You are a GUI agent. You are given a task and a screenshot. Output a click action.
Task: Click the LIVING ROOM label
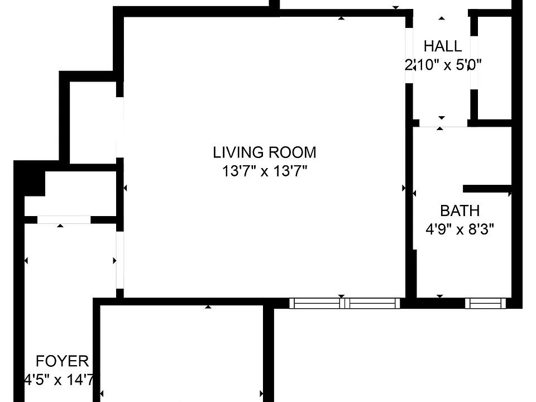[264, 152]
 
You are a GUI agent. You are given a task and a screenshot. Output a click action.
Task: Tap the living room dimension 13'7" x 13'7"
[265, 171]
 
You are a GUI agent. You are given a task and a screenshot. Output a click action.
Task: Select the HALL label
[443, 46]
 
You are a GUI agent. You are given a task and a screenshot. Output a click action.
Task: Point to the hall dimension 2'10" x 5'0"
[443, 65]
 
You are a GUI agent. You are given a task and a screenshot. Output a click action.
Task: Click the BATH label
[460, 210]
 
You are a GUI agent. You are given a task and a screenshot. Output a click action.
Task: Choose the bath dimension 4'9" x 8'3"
[460, 229]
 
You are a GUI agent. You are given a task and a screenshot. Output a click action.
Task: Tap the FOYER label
[62, 361]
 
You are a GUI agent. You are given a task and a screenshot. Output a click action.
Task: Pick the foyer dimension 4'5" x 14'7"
[59, 380]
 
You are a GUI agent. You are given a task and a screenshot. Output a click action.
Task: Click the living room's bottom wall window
[344, 303]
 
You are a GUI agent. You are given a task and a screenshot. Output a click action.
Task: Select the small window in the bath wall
[485, 303]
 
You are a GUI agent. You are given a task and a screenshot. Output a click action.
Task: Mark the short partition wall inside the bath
[487, 189]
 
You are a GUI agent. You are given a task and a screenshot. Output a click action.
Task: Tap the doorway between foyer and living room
[119, 260]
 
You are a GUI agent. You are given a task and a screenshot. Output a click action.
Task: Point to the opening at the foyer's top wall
[64, 219]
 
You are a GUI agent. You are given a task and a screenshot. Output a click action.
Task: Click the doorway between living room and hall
[409, 55]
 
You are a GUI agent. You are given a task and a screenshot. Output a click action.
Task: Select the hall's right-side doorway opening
[474, 63]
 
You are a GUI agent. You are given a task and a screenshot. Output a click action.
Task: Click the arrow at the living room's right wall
[404, 188]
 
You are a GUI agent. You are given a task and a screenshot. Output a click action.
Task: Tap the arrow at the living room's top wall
[341, 18]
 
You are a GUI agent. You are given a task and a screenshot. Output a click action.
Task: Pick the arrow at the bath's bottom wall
[440, 296]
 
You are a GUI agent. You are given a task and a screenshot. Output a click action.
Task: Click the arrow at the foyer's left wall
[26, 261]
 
